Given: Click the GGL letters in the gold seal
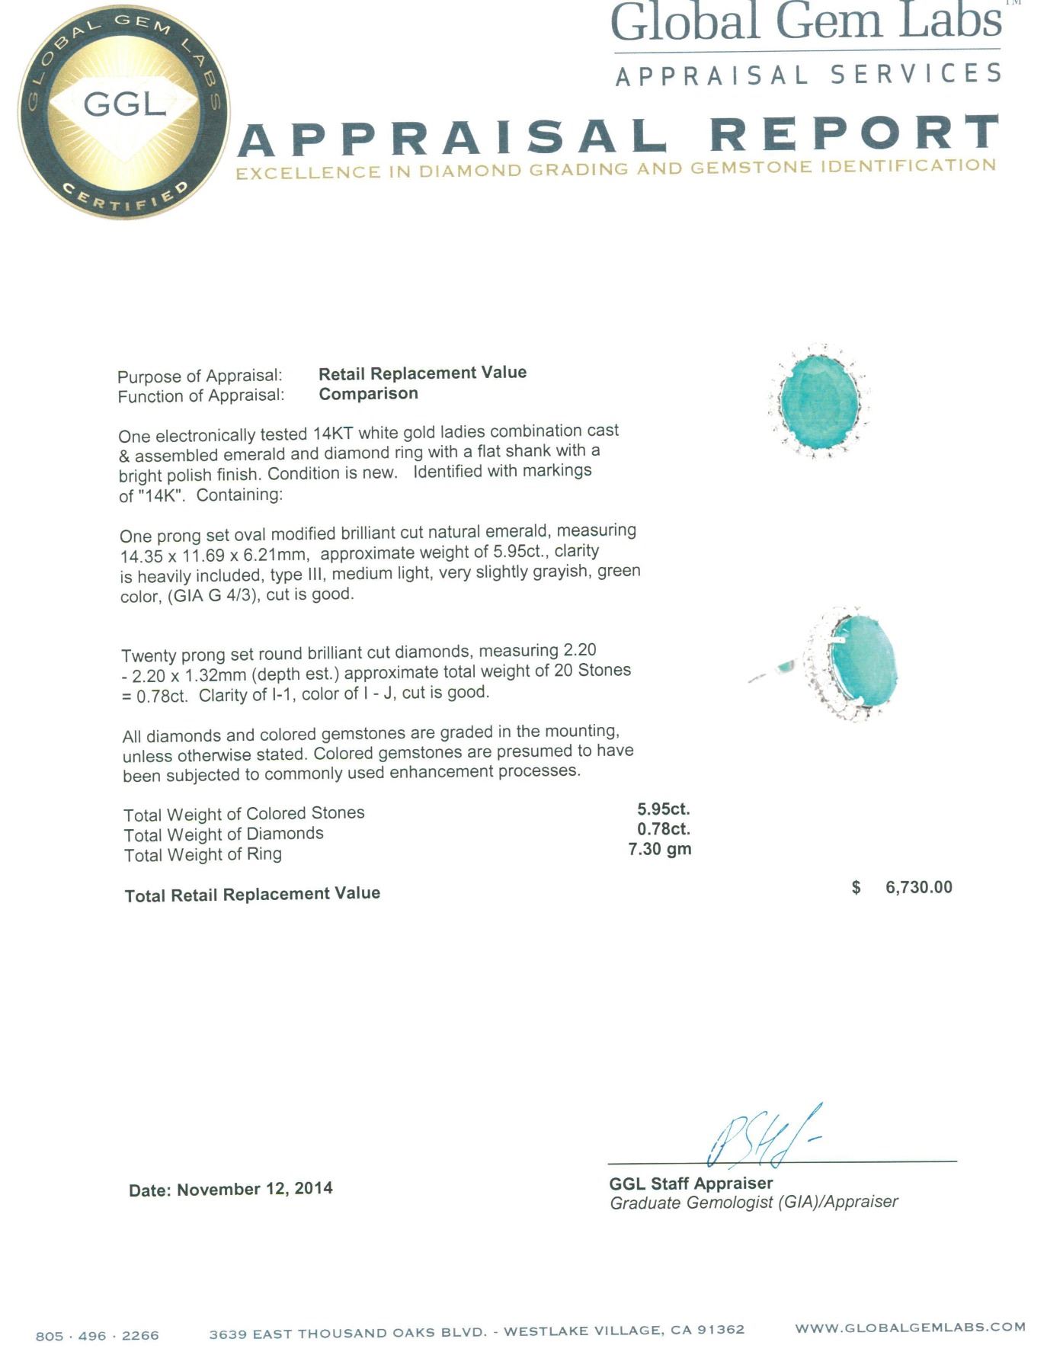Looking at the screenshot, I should (124, 103).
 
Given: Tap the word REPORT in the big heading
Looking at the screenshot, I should (854, 133).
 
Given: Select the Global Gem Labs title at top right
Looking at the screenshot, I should (805, 22).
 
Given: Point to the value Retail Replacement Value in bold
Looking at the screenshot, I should (422, 373).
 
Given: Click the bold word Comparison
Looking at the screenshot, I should (368, 394).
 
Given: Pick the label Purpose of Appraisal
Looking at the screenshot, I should (200, 376).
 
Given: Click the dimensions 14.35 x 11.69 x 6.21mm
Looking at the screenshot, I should (214, 556).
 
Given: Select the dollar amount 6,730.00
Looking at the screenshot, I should (918, 887).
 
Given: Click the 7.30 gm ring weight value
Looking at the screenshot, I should (660, 849).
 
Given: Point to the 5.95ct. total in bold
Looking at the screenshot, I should (664, 809).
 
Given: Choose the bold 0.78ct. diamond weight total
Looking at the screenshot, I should (664, 829).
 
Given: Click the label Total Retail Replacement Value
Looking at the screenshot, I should (252, 895).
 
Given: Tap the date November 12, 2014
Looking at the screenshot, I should (255, 1189).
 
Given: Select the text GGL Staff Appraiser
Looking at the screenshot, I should (690, 1184).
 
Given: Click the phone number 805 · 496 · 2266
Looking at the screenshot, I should (98, 1336).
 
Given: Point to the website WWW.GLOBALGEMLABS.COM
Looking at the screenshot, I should (910, 1328).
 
